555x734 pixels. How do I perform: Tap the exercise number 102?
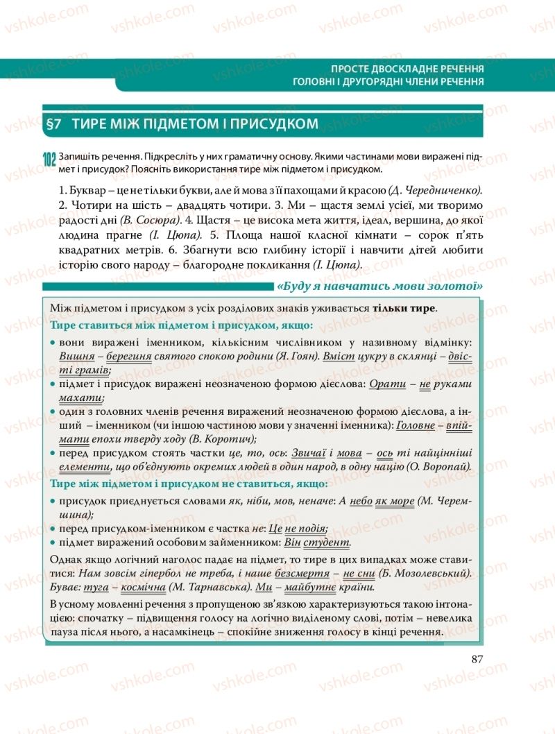pos(49,160)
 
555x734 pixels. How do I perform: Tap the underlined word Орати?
pos(387,384)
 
